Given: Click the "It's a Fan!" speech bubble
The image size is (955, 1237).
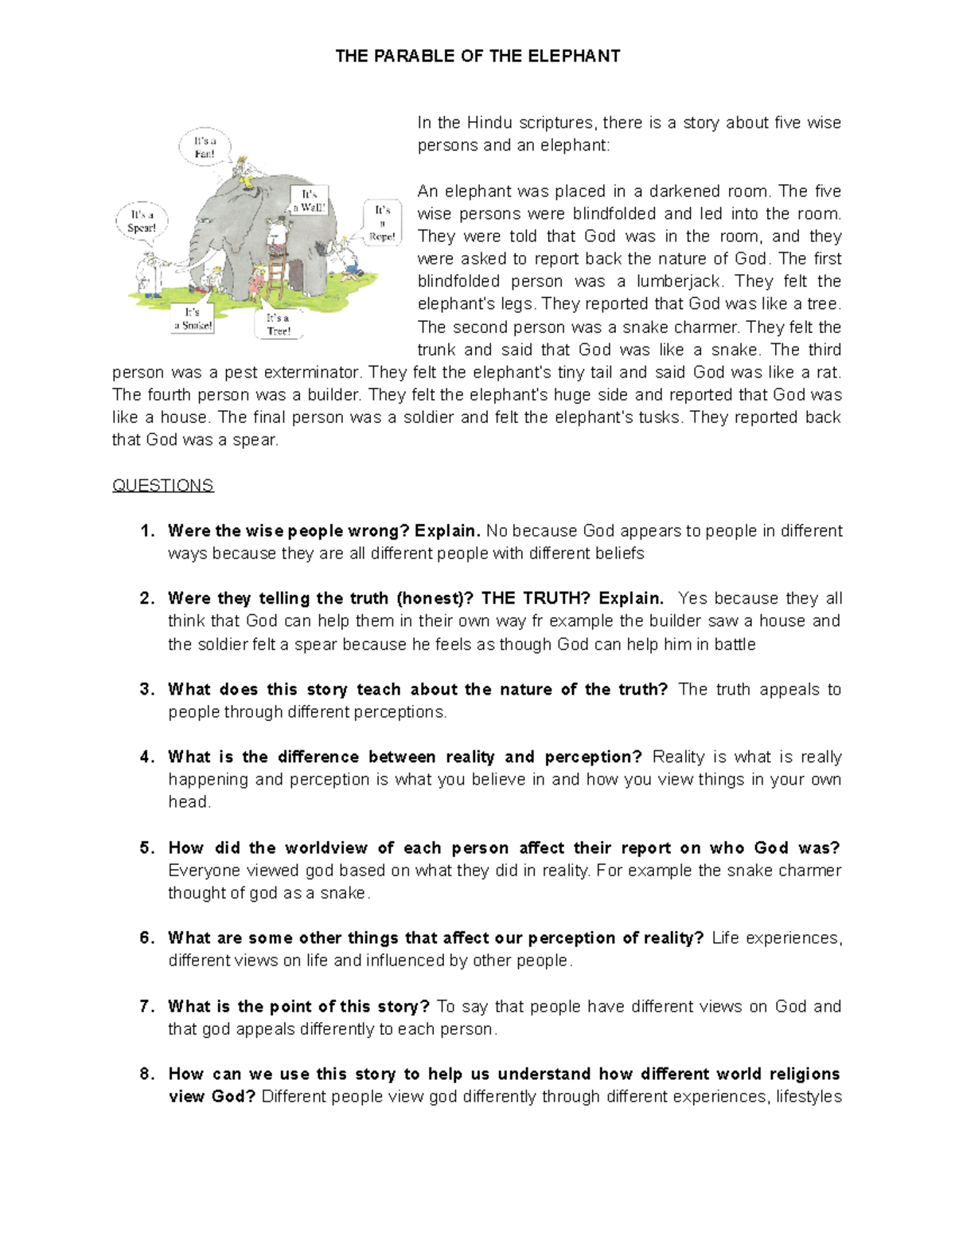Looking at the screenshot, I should point(205,147).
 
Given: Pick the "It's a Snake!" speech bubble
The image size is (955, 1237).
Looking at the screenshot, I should point(193,319).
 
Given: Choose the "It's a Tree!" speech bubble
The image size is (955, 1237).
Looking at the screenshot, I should point(278,324).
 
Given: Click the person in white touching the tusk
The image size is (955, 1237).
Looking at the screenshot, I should point(146,271).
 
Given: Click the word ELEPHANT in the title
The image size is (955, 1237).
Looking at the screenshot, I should point(578,56).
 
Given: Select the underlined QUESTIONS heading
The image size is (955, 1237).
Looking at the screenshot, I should point(162,486).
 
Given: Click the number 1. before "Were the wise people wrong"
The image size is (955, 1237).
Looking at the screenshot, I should point(146,531).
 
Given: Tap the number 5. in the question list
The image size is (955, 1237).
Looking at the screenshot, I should point(146,848).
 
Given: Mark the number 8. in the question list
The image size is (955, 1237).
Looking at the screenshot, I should point(146,1075).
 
